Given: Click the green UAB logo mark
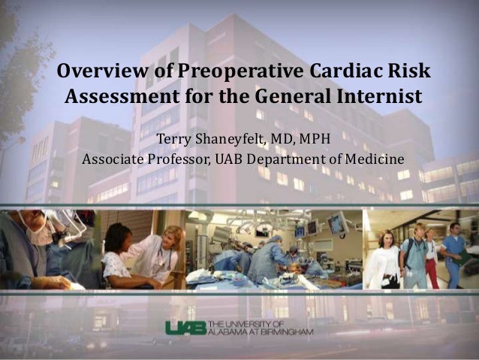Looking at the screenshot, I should tap(185, 328).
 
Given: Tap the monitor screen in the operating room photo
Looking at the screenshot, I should tap(336, 223).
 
